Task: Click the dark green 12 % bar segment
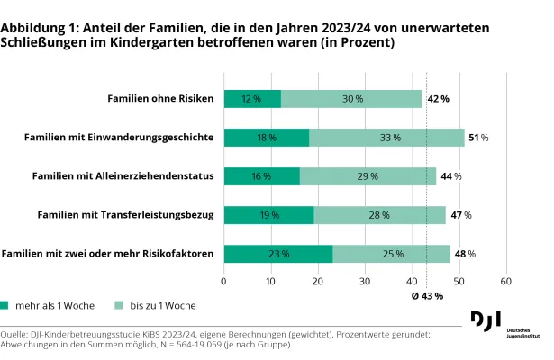pyautogui.click(x=252, y=98)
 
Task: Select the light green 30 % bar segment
pyautogui.click(x=351, y=98)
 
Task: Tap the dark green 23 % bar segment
pyautogui.click(x=277, y=254)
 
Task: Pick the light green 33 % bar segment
pyautogui.click(x=386, y=138)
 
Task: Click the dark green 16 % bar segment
pyautogui.click(x=261, y=176)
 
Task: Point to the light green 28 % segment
pyautogui.click(x=379, y=215)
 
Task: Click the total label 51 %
pyautogui.click(x=478, y=138)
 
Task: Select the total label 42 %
pyautogui.click(x=438, y=98)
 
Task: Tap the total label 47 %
pyautogui.click(x=460, y=215)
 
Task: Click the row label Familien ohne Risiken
pyautogui.click(x=160, y=98)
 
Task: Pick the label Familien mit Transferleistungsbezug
pyautogui.click(x=125, y=215)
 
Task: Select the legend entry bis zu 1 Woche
pyautogui.click(x=163, y=306)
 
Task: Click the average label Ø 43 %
pyautogui.click(x=426, y=296)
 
